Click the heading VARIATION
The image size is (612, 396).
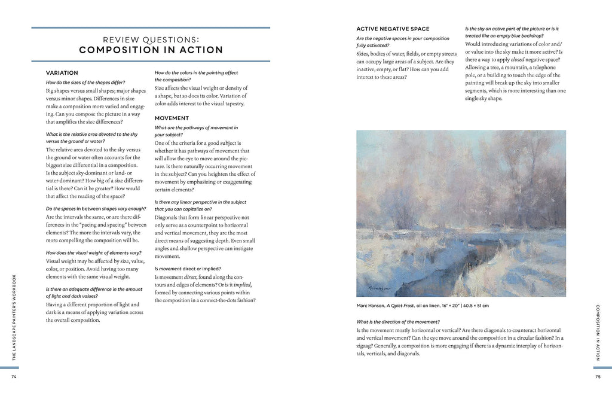[x=62, y=72]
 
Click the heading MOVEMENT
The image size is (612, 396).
[x=172, y=118]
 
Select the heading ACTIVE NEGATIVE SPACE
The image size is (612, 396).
[x=393, y=29]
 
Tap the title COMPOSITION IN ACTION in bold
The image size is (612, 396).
[x=151, y=50]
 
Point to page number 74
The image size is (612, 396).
[x=13, y=376]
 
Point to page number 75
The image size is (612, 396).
[x=598, y=376]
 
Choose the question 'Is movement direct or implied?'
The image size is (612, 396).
[x=187, y=269]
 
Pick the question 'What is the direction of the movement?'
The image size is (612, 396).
[x=399, y=322]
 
